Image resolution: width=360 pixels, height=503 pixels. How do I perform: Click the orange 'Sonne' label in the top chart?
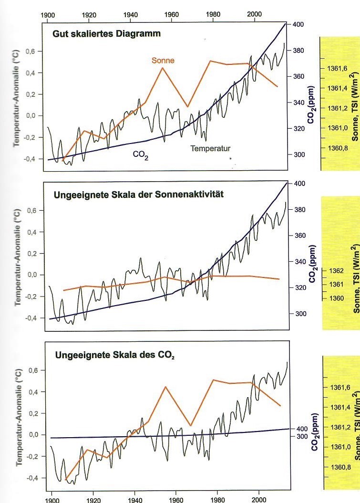pyautogui.click(x=163, y=61)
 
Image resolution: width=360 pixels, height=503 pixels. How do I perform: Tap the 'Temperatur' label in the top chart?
pyautogui.click(x=210, y=148)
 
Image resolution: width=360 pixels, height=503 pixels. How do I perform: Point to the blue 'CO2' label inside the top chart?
pyautogui.click(x=141, y=154)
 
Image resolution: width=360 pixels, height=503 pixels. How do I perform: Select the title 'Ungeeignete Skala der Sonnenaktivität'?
pyautogui.click(x=139, y=194)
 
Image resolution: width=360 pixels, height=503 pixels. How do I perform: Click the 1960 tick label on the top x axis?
pyautogui.click(x=172, y=15)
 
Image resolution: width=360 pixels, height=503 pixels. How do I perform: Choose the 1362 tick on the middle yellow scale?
pyautogui.click(x=336, y=271)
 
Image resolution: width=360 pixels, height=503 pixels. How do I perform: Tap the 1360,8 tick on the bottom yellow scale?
pyautogui.click(x=339, y=467)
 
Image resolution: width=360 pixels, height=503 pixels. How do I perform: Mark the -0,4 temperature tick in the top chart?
pyautogui.click(x=31, y=159)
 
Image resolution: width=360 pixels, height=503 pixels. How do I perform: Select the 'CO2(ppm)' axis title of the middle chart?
pyautogui.click(x=313, y=264)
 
